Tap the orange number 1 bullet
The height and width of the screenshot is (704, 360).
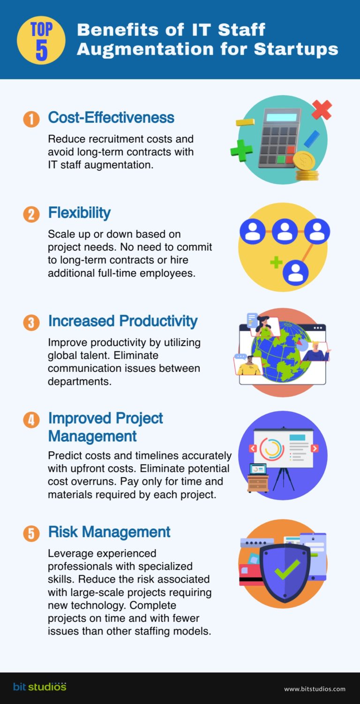tap(31, 119)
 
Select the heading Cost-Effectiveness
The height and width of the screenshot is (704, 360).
tap(111, 118)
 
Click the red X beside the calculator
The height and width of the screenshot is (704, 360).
tap(322, 110)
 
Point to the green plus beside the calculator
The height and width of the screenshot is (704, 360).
tap(241, 150)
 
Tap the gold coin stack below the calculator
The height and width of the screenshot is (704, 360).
tap(307, 169)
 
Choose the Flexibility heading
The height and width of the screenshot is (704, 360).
tap(79, 213)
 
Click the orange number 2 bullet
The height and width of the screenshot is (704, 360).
tap(31, 214)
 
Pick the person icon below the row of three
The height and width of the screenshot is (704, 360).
tap(295, 272)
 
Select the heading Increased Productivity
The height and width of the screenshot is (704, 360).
tap(123, 321)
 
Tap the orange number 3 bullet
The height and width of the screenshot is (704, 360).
tap(31, 323)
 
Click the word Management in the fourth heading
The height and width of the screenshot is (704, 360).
tap(92, 436)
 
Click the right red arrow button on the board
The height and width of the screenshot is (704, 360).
tap(315, 448)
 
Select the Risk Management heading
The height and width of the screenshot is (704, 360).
tap(109, 532)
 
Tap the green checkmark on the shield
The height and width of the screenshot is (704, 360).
tap(286, 568)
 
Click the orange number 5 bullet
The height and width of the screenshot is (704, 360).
tap(31, 534)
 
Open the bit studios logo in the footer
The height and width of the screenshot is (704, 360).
tap(40, 687)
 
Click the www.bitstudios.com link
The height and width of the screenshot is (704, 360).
tap(315, 689)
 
